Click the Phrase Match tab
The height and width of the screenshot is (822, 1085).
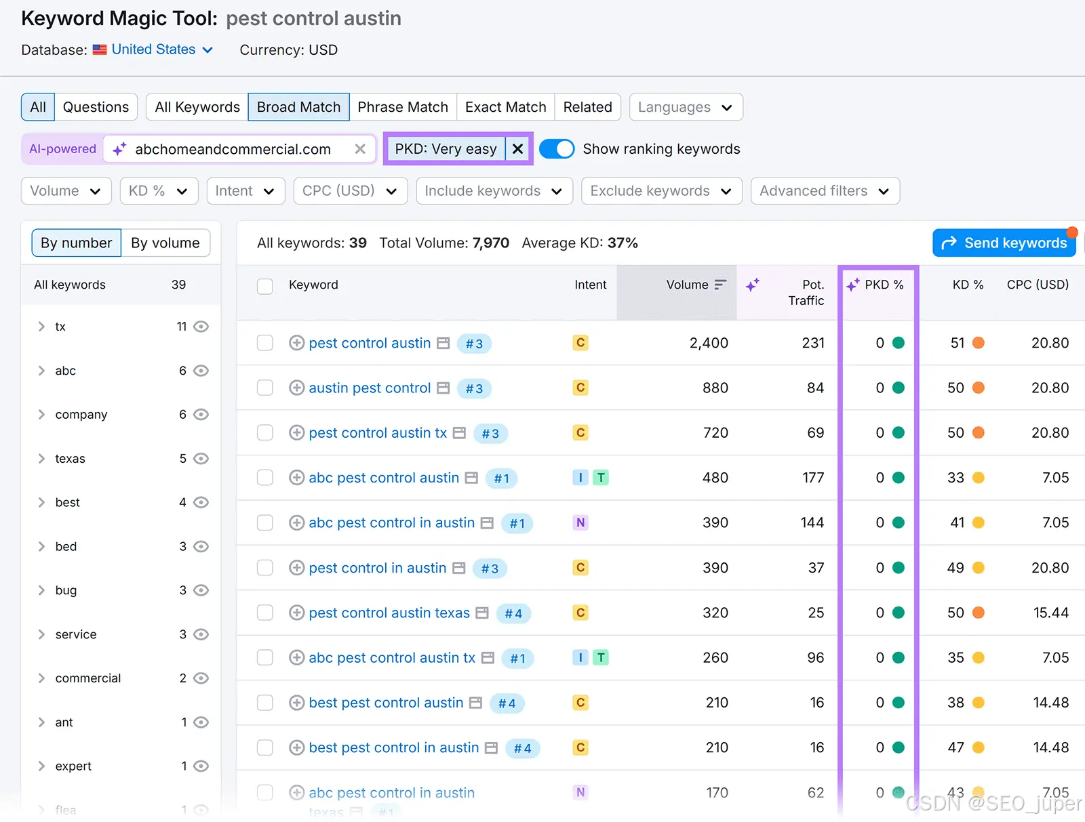402,106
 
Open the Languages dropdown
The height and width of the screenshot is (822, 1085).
686,106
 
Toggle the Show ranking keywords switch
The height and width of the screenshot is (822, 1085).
557,148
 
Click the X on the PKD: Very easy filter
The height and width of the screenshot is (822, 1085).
517,148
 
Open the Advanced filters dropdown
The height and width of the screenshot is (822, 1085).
825,190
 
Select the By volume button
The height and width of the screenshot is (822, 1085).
165,243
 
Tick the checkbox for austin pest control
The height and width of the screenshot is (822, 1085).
265,388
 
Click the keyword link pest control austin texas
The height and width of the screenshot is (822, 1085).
389,613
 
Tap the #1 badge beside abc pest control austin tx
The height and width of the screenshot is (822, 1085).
517,658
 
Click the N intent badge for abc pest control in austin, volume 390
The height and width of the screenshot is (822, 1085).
580,522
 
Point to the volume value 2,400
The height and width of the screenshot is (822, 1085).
709,343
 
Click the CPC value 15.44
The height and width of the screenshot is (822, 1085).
1051,613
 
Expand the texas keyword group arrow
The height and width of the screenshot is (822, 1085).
41,458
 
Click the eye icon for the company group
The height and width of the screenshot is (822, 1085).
201,415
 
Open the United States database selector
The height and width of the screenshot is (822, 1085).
153,49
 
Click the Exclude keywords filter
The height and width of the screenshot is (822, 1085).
661,190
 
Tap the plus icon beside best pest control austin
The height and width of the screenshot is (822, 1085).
296,703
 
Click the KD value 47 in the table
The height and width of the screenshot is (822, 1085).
955,747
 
